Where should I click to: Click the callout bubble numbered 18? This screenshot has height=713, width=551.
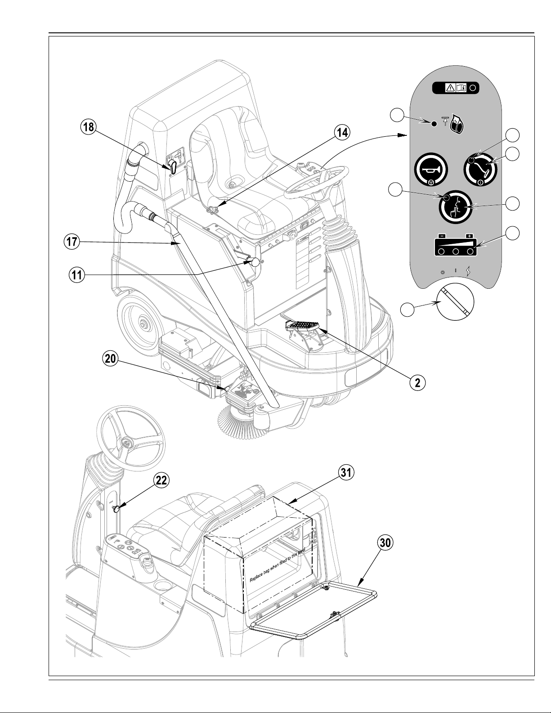89,127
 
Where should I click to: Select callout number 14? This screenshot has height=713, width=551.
342,132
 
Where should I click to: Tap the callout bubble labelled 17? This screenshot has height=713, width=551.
72,242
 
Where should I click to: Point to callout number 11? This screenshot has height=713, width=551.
77,275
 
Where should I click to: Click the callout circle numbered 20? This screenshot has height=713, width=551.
111,359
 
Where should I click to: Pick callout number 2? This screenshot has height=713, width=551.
417,382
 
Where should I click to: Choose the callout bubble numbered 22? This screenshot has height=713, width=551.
161,480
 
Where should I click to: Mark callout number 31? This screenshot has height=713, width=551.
346,472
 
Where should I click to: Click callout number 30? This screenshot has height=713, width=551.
385,543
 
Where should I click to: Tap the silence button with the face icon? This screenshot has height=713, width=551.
456,207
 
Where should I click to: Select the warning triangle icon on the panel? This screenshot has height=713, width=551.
450,88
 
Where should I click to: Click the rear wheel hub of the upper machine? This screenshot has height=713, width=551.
143,323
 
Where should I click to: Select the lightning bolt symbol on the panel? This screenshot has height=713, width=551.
469,271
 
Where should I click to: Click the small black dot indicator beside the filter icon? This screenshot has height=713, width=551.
434,124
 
